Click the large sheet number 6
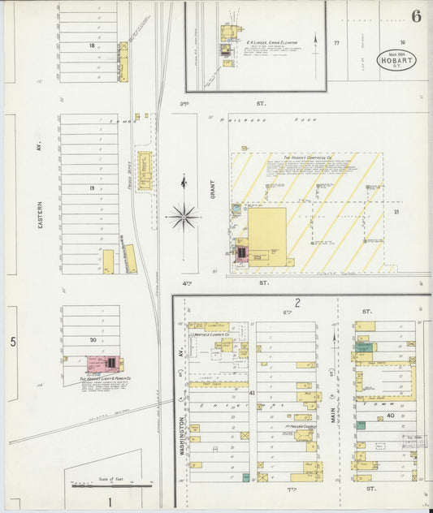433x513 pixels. pos(416,16)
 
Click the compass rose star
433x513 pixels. pos(184,216)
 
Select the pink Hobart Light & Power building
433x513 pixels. pos(103,364)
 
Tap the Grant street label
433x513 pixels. pos(213,189)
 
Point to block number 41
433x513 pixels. pos(252,392)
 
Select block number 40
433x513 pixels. pos(391,416)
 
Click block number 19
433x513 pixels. pos(93,188)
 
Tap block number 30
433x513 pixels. pos(93,340)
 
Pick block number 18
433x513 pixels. pos(93,46)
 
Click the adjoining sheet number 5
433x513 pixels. pos(13,342)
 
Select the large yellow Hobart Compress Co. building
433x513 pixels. pos(266,235)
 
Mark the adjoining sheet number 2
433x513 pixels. pos(297,304)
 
